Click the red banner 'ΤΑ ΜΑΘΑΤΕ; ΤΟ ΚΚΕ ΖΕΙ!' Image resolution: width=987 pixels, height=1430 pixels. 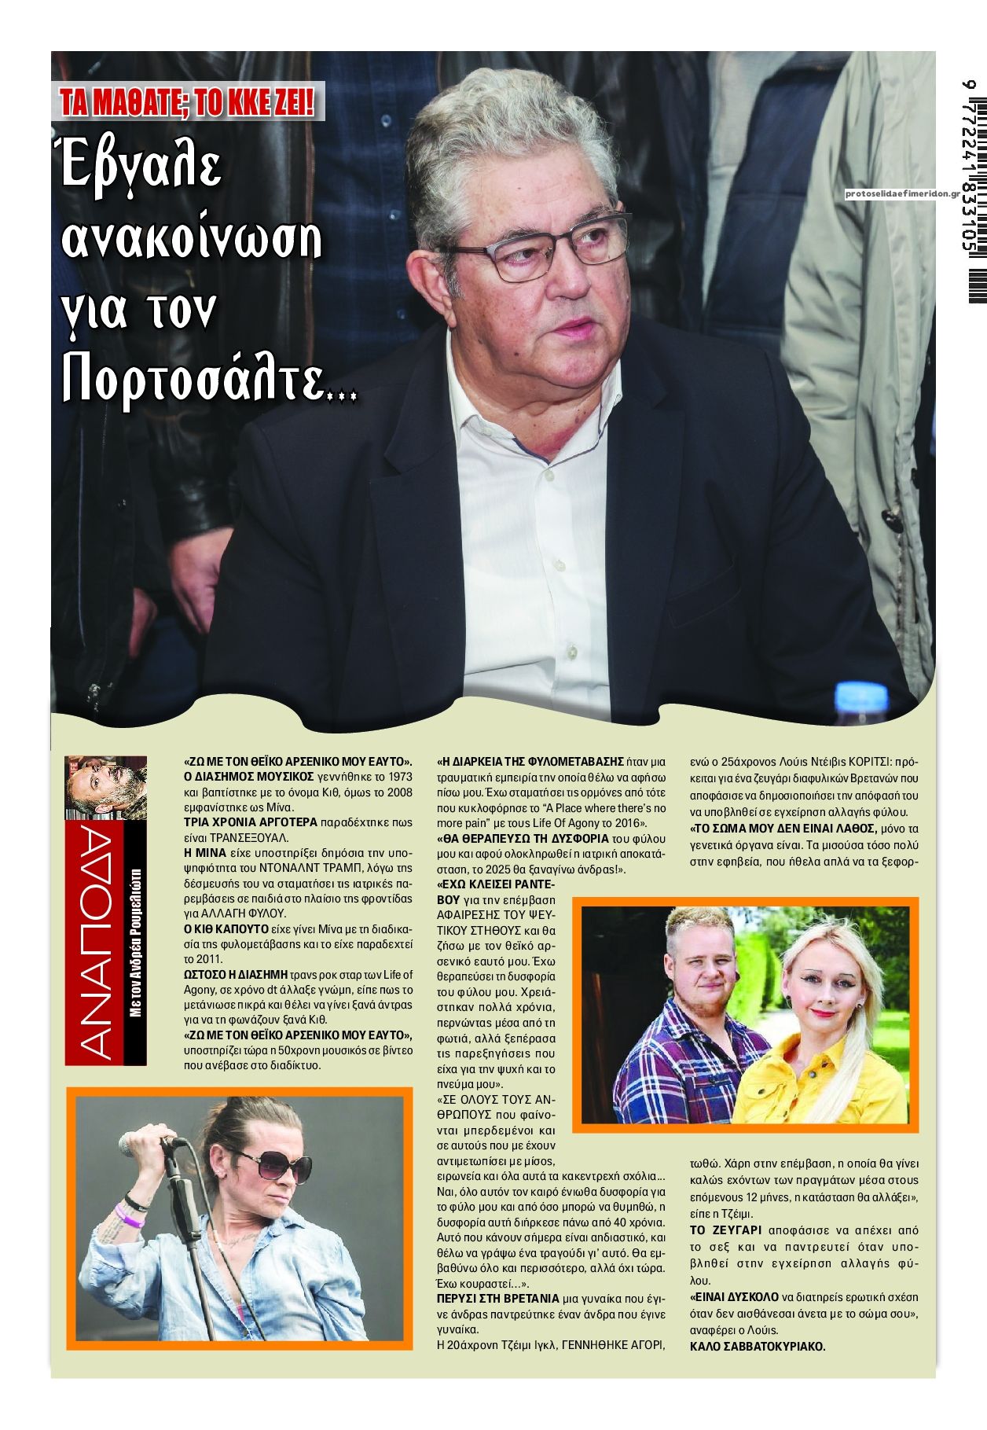[189, 102]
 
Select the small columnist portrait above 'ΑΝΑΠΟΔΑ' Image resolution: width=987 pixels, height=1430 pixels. [105, 787]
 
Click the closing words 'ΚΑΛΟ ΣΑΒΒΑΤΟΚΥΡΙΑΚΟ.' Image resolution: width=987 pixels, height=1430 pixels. [758, 1346]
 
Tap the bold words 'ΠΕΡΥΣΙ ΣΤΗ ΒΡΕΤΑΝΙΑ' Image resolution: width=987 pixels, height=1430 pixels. [497, 1298]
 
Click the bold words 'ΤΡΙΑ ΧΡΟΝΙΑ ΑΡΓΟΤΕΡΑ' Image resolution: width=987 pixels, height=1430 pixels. [250, 822]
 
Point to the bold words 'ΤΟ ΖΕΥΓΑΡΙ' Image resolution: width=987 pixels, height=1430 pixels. [725, 1230]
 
